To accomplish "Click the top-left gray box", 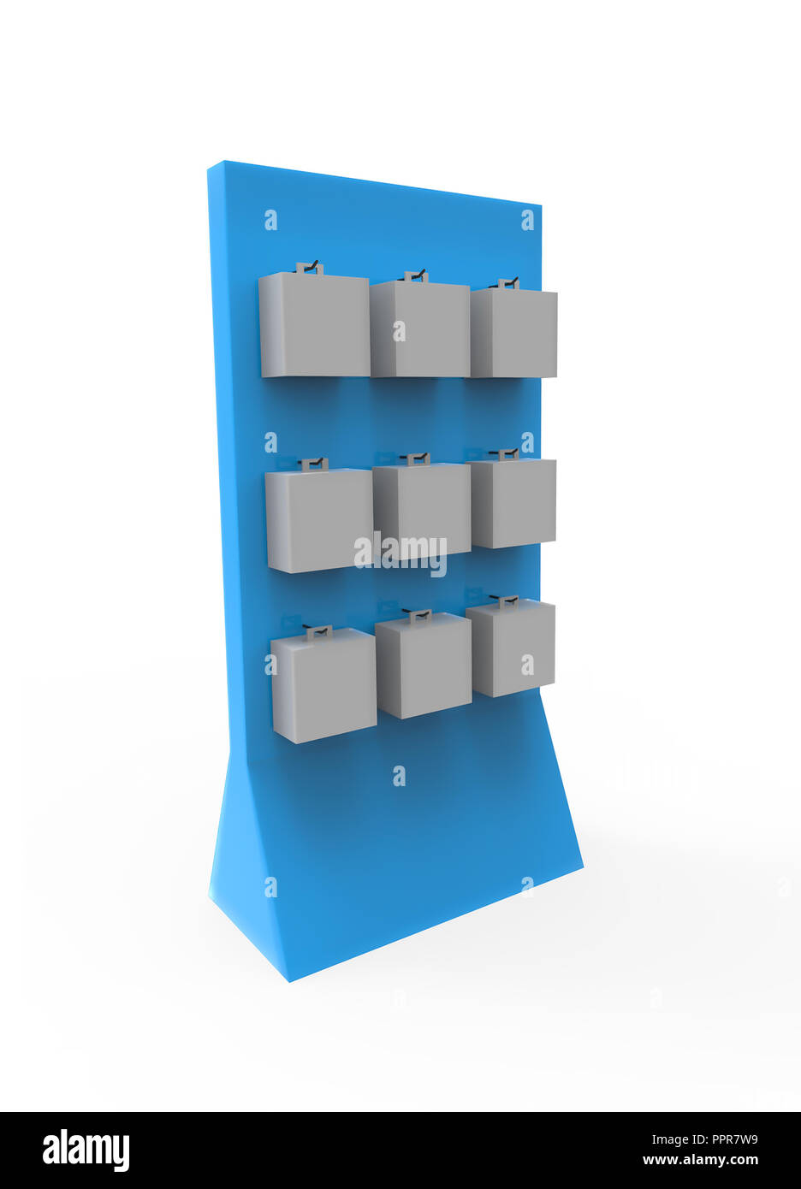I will click(x=314, y=325).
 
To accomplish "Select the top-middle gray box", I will click(x=419, y=328).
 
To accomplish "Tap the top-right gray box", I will click(x=513, y=333).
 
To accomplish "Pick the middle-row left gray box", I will click(x=318, y=520).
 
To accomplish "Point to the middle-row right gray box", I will click(x=513, y=503).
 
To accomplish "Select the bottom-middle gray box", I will click(x=424, y=665).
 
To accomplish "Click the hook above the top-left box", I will click(x=310, y=268).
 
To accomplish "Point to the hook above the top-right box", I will click(x=508, y=283).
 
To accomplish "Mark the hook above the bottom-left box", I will click(x=318, y=631).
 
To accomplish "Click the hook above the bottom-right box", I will click(x=508, y=601).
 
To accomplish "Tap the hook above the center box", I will click(x=417, y=458).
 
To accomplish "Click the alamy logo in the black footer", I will click(x=86, y=1150).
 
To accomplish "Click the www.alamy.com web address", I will click(x=699, y=1161).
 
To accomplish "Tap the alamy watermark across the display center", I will click(x=400, y=553).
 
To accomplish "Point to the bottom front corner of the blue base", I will click(x=289, y=979).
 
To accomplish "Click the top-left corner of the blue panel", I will click(x=209, y=164).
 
